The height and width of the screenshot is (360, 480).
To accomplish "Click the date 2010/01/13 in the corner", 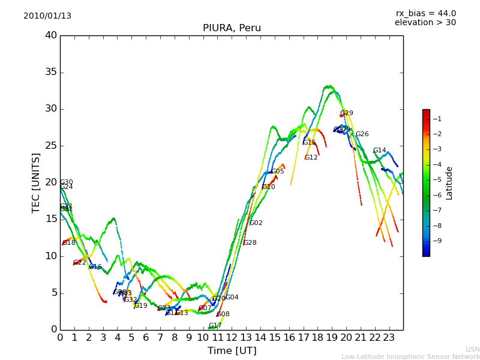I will pyautogui.click(x=47, y=16).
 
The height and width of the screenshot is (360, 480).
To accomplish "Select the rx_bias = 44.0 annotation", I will pyautogui.click(x=425, y=14).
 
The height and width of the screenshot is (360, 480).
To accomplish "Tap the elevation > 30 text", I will pyautogui.click(x=425, y=23).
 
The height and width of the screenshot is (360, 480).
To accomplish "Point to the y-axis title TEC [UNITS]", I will pyautogui.click(x=37, y=182).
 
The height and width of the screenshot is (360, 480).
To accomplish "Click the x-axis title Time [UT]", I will pyautogui.click(x=232, y=351).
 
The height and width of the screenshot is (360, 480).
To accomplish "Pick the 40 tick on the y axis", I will pyautogui.click(x=51, y=35).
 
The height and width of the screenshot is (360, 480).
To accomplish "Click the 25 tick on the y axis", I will pyautogui.click(x=51, y=146).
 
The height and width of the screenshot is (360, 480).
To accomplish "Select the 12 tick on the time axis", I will pyautogui.click(x=232, y=337).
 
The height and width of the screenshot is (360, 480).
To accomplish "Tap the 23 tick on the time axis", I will pyautogui.click(x=389, y=337).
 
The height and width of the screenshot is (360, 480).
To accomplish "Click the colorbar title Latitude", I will pyautogui.click(x=449, y=183).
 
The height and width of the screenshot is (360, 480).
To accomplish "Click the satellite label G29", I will pyautogui.click(x=347, y=113).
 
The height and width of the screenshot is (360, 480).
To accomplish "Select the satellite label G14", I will pyautogui.click(x=380, y=151).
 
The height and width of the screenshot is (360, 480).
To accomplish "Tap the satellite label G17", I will pyautogui.click(x=215, y=326).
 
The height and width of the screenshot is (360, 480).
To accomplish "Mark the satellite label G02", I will pyautogui.click(x=256, y=223).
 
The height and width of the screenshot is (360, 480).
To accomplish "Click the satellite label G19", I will pyautogui.click(x=141, y=306).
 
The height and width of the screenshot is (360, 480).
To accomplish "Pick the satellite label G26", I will pyautogui.click(x=362, y=134).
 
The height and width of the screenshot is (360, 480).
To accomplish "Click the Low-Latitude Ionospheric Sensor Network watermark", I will pyautogui.click(x=410, y=357).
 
